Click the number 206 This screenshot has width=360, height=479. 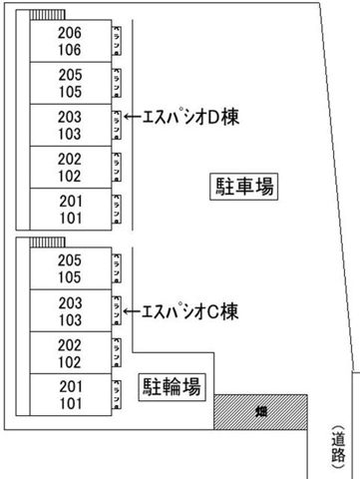tap(70, 32)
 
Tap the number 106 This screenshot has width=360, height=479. tap(70, 48)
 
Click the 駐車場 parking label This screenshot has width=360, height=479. tap(243, 186)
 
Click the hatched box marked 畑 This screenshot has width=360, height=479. tap(259, 410)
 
